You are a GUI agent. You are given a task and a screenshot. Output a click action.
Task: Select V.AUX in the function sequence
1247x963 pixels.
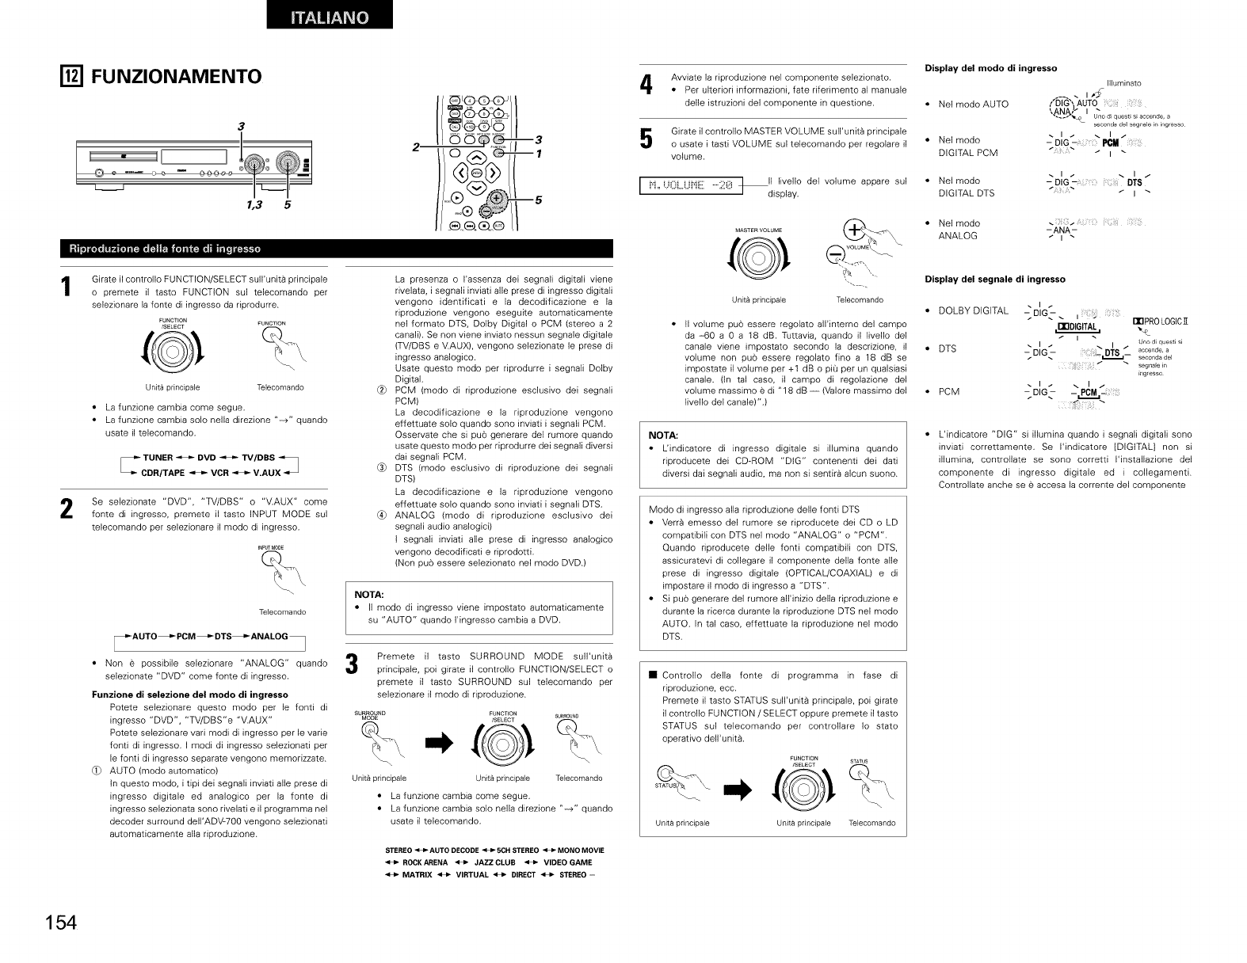click(x=266, y=473)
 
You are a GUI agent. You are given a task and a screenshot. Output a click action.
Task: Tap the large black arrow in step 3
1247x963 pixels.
click(x=440, y=743)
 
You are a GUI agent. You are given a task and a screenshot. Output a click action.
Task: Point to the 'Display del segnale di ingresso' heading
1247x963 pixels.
click(x=994, y=279)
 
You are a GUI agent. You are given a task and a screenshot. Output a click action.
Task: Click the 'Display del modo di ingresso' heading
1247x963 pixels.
click(x=990, y=68)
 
